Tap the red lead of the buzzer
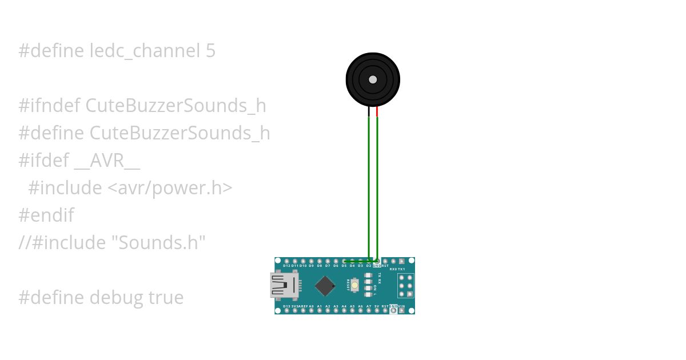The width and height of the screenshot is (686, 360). [x=377, y=112]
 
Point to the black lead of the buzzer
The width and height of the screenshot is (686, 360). [x=369, y=112]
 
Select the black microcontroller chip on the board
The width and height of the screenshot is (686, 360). [x=325, y=286]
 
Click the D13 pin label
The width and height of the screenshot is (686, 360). [x=286, y=307]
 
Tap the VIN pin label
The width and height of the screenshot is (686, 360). [x=401, y=307]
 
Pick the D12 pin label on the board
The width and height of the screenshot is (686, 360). [x=287, y=266]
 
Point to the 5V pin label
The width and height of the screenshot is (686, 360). [x=377, y=307]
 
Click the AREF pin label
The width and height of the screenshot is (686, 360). [x=303, y=307]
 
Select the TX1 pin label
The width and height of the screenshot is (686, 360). [x=401, y=269]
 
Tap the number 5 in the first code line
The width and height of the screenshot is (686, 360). [x=210, y=51]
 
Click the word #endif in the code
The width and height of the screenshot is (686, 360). [x=46, y=215]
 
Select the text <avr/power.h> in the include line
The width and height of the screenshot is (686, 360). [x=170, y=188]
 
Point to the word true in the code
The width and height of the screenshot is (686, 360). [x=166, y=298]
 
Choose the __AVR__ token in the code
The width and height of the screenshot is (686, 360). [x=107, y=161]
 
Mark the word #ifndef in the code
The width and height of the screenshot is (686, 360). [x=50, y=106]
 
